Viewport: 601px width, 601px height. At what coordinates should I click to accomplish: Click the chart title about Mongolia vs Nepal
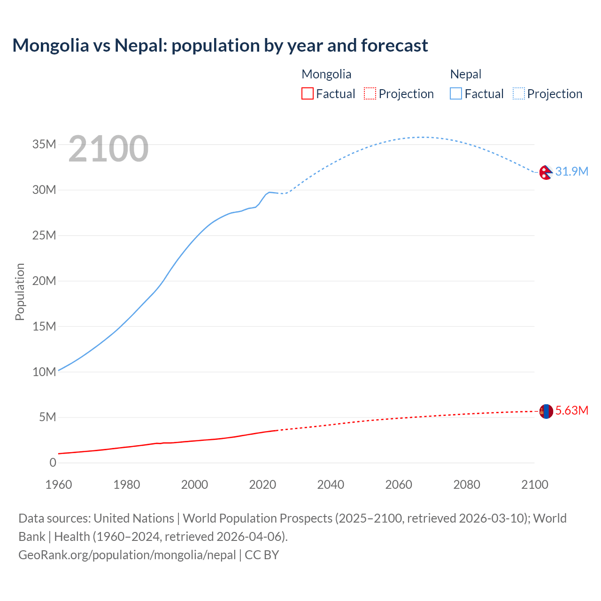pos(220,46)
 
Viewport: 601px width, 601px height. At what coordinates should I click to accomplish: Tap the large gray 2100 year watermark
pos(108,149)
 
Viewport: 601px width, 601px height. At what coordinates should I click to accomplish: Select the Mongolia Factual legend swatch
pos(307,93)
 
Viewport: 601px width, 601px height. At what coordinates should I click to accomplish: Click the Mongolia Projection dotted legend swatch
pos(370,93)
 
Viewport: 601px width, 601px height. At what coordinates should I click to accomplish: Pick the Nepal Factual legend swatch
pos(455,93)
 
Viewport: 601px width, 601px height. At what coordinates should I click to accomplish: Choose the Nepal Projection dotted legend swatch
pos(518,93)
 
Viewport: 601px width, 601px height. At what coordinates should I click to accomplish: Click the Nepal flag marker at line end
pos(546,172)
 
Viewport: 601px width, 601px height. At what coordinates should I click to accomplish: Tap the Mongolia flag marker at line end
pos(546,411)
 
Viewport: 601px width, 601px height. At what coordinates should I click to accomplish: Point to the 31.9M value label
pos(571,171)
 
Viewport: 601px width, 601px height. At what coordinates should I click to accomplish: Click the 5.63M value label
pos(571,410)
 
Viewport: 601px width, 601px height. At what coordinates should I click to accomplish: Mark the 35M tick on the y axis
pos(44,144)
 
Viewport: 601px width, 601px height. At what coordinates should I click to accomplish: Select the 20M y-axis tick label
pos(44,281)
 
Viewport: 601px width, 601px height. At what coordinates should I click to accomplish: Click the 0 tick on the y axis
pos(53,462)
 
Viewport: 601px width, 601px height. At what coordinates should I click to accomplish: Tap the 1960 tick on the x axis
pos(59,485)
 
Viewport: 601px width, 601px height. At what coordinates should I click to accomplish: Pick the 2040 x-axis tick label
pos(331,485)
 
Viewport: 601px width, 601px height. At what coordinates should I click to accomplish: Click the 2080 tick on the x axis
pos(467,485)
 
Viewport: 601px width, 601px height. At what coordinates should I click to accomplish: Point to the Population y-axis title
pos(20,292)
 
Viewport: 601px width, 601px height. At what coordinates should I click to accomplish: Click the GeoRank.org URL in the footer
pos(127,555)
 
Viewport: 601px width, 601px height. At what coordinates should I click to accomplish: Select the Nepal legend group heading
pos(465,74)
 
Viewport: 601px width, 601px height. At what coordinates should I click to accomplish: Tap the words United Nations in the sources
pos(134,518)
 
